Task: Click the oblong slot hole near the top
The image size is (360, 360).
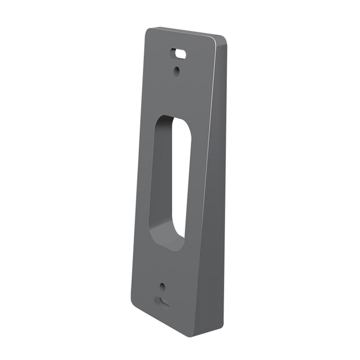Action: pos(179,54)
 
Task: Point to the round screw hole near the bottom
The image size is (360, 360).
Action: pos(162,287)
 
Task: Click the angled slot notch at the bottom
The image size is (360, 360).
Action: pos(162,302)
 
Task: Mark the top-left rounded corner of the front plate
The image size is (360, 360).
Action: pos(148,31)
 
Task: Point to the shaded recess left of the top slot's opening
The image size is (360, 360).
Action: pos(173,53)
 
